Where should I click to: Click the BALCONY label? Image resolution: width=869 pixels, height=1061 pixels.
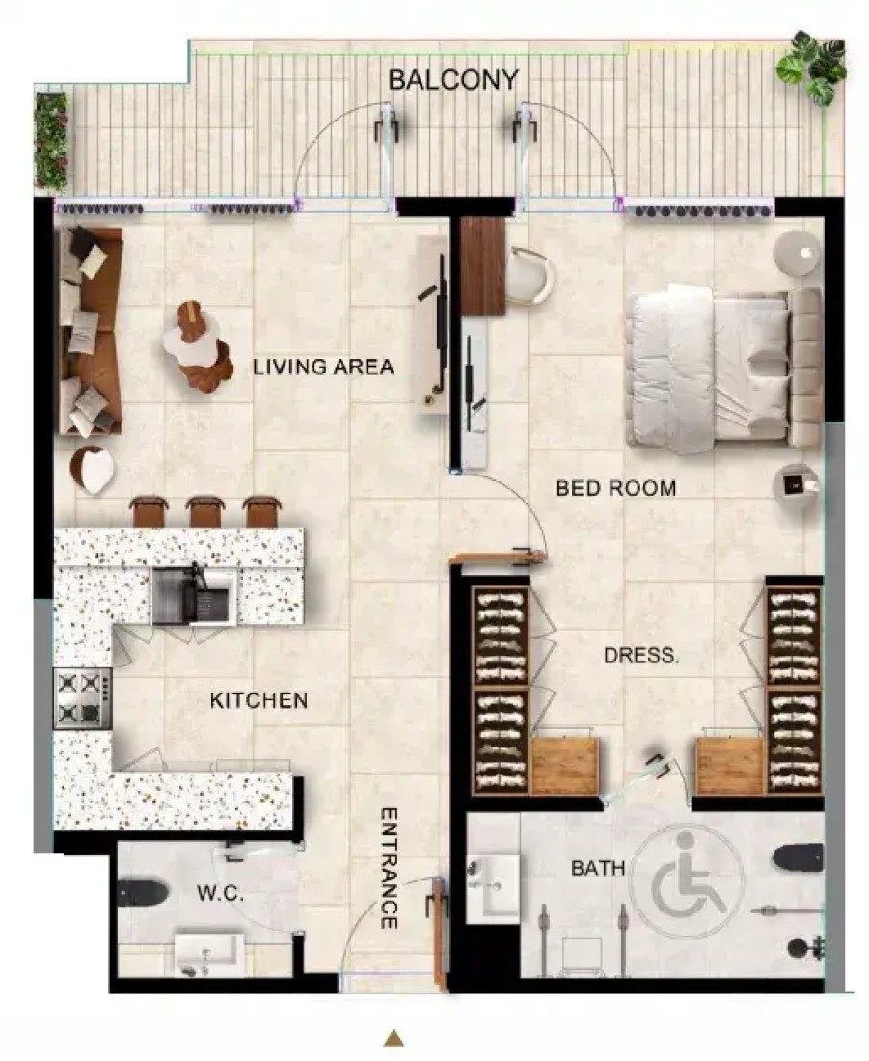(452, 80)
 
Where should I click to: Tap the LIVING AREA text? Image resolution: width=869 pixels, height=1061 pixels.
(323, 367)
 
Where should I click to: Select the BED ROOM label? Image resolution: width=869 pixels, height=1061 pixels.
(616, 488)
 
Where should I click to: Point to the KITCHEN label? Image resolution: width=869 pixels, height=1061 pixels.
(258, 700)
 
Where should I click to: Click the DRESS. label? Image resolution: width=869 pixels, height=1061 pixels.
(641, 655)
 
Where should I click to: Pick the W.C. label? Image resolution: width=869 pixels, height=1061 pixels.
(221, 893)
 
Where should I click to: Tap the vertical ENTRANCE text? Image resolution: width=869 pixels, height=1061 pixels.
(389, 868)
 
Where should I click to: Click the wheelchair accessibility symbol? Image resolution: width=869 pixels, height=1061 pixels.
(686, 884)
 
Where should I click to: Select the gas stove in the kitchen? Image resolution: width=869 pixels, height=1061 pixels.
(83, 697)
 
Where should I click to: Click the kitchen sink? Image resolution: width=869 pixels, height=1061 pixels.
(194, 595)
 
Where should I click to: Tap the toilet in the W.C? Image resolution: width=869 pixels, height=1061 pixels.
(142, 892)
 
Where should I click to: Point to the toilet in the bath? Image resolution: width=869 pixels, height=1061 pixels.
(798, 858)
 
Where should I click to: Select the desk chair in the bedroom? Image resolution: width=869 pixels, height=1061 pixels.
(530, 277)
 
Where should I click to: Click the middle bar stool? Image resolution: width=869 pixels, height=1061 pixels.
(205, 511)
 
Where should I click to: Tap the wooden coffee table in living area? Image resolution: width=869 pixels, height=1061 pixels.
(196, 345)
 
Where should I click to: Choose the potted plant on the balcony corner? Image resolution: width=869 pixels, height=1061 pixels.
(812, 68)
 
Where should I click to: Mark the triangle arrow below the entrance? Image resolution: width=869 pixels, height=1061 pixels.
(394, 1037)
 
